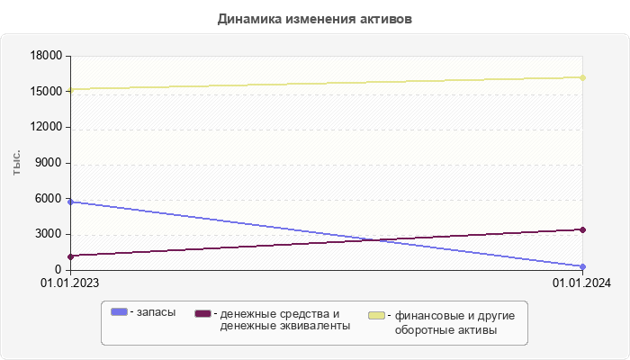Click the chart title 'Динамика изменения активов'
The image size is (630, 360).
pos(315,19)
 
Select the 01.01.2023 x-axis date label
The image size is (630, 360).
pos(70,283)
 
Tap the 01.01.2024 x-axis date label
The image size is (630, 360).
pos(582,283)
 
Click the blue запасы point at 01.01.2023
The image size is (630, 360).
pos(70,202)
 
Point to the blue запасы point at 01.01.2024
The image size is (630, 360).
pos(583,266)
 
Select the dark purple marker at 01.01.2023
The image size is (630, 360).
pos(70,256)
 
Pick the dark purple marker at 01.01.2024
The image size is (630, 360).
pos(583,229)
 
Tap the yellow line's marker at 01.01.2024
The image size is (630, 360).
pos(583,77)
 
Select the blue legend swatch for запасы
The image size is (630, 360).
pos(119,312)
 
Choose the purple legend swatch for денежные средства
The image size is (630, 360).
pos(202,313)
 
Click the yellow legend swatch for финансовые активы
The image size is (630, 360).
pos(376,316)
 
